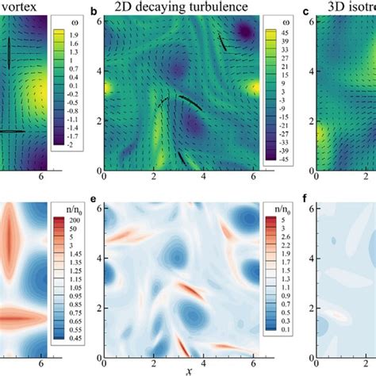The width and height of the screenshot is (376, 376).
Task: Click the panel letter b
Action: [95, 12]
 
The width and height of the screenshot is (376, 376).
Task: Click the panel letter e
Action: [95, 204]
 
